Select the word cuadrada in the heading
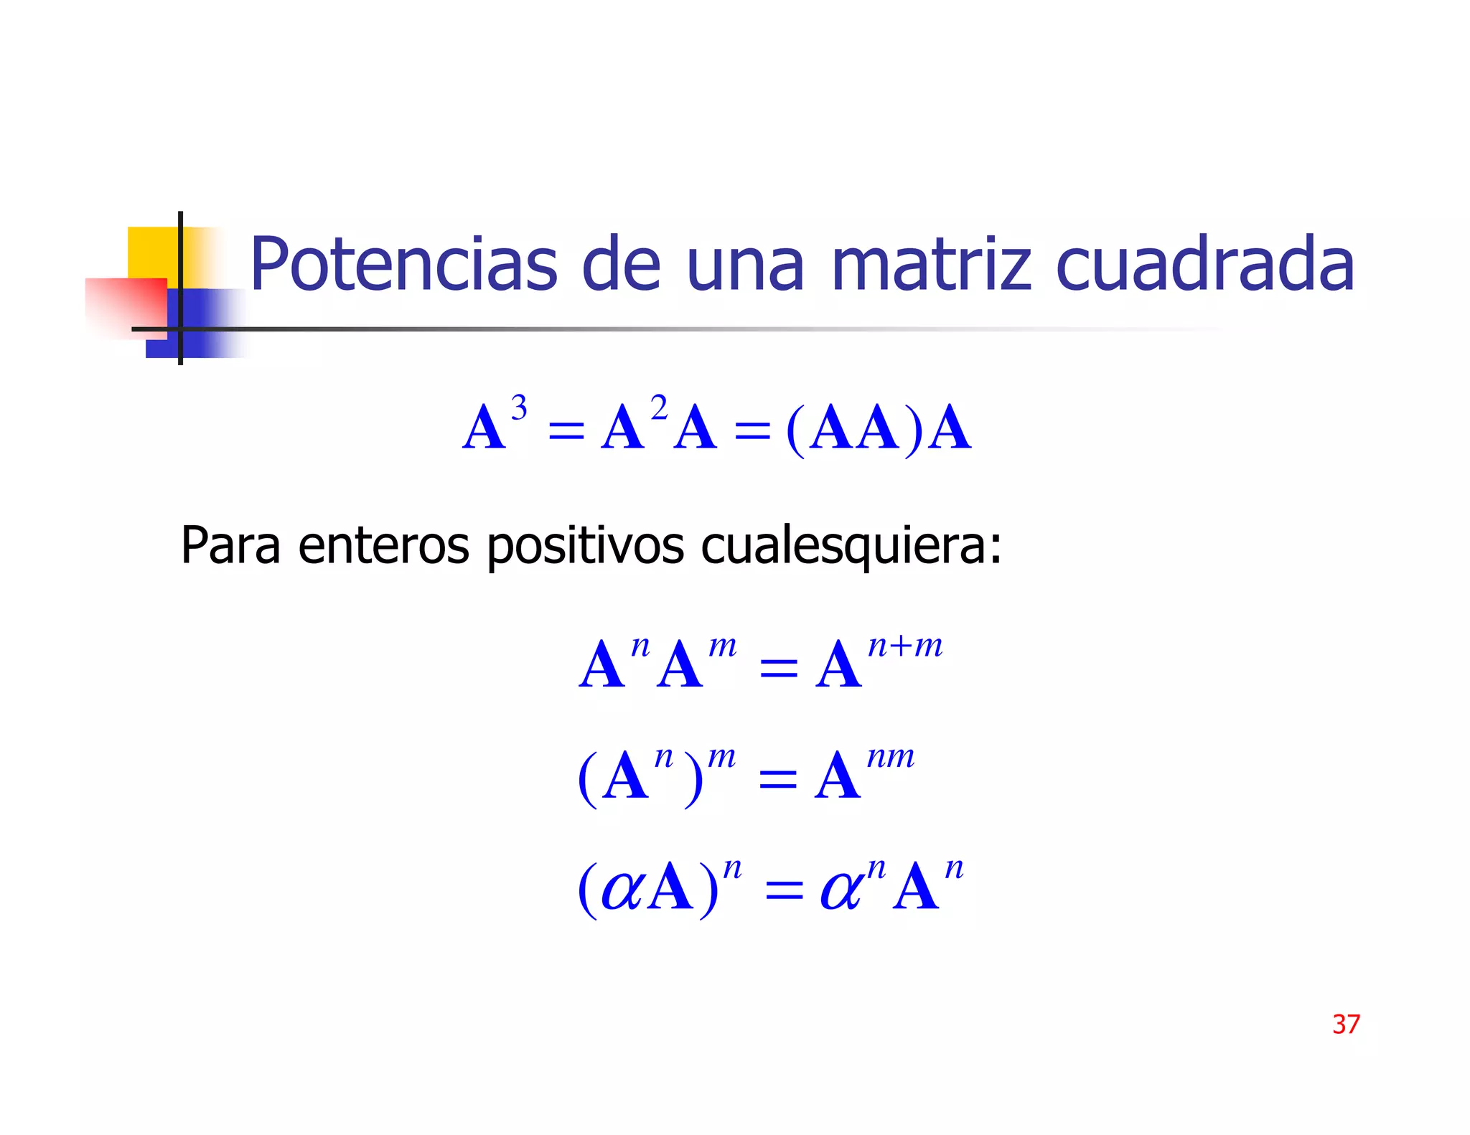pos(1205,265)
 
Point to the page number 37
pos(1346,1024)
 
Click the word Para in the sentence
pos(230,545)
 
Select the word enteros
pos(383,545)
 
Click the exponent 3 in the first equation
pos(519,408)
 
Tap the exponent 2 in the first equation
pos(659,408)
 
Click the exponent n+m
pos(905,646)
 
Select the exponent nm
pos(891,756)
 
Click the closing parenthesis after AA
pos(913,430)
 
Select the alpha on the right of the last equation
pos(841,890)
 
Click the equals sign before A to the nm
pos(778,778)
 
